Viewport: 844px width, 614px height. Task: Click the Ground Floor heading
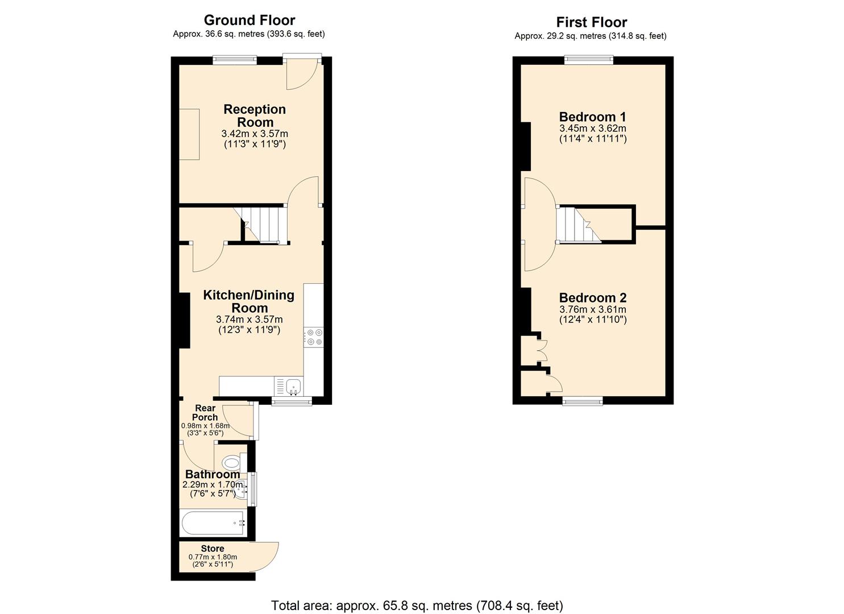pyautogui.click(x=250, y=20)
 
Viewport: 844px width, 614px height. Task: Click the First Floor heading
pyautogui.click(x=591, y=23)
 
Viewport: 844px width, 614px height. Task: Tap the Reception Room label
pyautogui.click(x=255, y=115)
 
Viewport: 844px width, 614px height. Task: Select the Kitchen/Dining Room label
pyautogui.click(x=249, y=301)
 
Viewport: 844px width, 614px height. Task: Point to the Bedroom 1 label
pyautogui.click(x=592, y=117)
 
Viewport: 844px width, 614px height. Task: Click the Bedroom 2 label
pyautogui.click(x=592, y=298)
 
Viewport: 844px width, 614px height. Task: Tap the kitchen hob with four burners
pyautogui.click(x=314, y=337)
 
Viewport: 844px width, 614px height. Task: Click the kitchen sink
pyautogui.click(x=294, y=387)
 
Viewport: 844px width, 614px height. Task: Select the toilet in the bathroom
pyautogui.click(x=231, y=461)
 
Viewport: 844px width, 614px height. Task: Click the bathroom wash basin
pyautogui.click(x=242, y=488)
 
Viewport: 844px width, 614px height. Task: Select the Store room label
pyautogui.click(x=213, y=549)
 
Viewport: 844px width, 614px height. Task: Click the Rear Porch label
pyautogui.click(x=205, y=413)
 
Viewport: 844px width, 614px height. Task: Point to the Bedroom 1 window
pyautogui.click(x=589, y=59)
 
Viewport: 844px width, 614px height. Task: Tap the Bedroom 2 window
pyautogui.click(x=583, y=401)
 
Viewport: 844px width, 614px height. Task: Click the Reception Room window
pyautogui.click(x=235, y=59)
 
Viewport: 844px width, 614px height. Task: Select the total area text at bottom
pyautogui.click(x=417, y=605)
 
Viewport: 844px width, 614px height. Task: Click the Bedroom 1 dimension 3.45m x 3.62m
pyautogui.click(x=592, y=128)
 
